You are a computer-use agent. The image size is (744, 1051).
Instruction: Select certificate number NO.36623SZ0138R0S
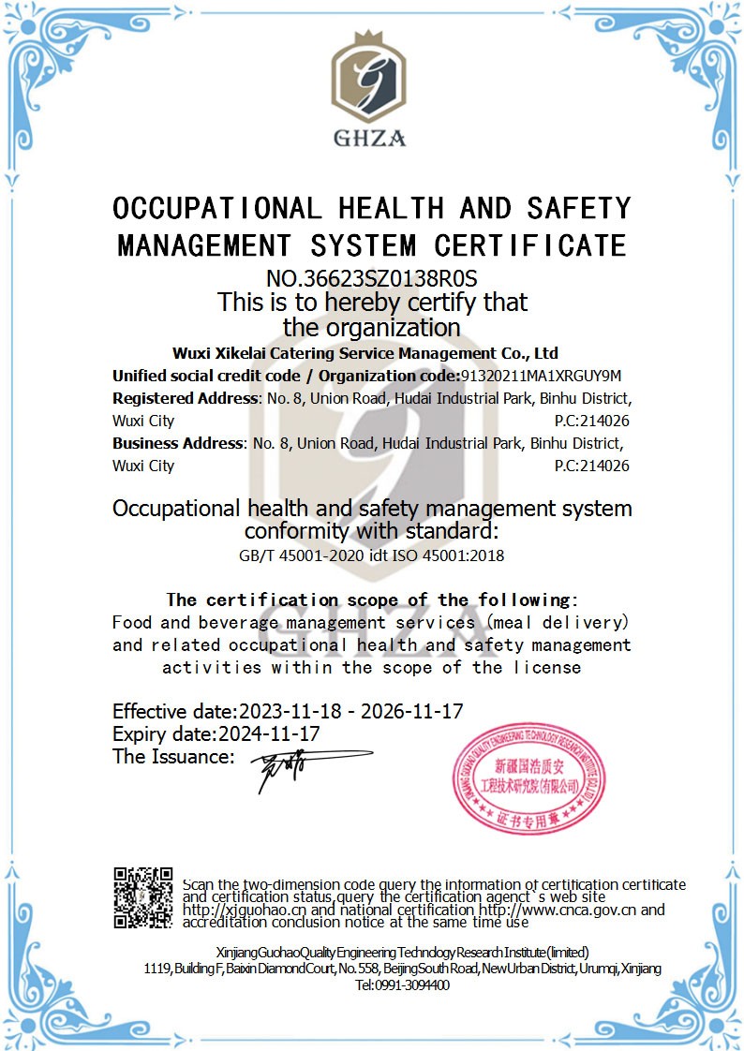372,278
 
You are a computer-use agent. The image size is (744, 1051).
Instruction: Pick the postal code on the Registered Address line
591,421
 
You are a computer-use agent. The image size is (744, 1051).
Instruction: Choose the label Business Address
177,443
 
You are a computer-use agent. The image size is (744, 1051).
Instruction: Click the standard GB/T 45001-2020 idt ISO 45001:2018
372,555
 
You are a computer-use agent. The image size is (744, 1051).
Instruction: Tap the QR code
143,897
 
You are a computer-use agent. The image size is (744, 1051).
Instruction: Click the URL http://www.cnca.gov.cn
558,910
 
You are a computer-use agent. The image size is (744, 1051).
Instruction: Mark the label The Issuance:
173,757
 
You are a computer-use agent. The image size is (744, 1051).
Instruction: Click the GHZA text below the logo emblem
370,139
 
